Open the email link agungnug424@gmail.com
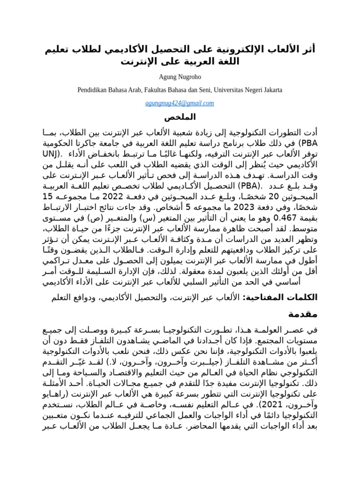[180, 103]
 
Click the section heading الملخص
[180, 116]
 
